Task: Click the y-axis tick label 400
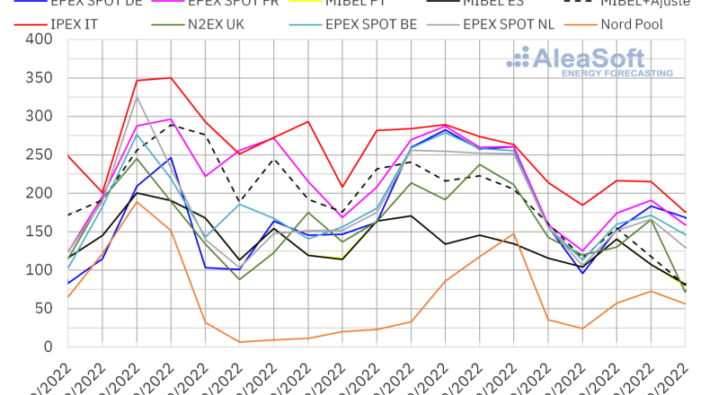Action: tap(38, 39)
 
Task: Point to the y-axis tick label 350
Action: tap(38, 78)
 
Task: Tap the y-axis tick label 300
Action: tap(38, 117)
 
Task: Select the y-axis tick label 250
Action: tap(38, 155)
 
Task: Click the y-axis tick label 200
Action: tap(38, 193)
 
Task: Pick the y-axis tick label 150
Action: tap(38, 232)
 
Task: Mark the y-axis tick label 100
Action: tap(38, 270)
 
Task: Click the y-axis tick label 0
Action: tap(48, 347)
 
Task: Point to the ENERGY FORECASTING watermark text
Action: tap(617, 73)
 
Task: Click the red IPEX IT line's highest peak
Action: tap(170, 77)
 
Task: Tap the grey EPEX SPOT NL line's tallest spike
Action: tap(137, 97)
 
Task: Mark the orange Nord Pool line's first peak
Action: tap(137, 202)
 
